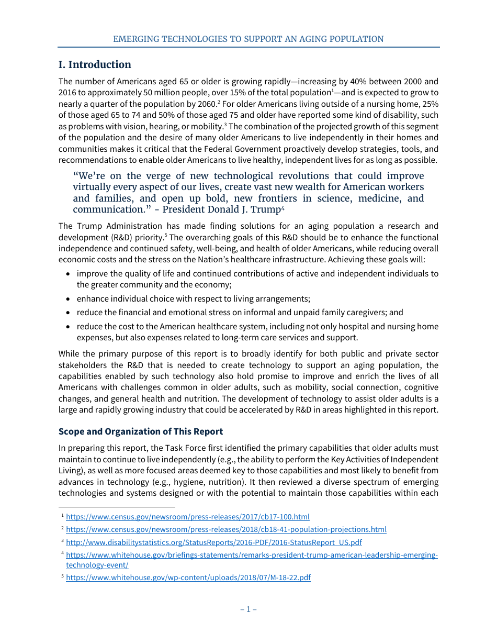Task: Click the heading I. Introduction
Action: pos(95,65)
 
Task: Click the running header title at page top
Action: pos(249,39)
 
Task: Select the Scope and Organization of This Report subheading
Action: pos(141,431)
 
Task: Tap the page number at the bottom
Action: pos(249,609)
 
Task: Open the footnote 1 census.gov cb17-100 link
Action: pos(187,517)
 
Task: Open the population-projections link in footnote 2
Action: pos(226,529)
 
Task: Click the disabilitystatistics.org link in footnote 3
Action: pos(213,542)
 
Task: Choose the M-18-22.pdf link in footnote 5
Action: pos(188,578)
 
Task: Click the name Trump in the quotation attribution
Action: pos(265,209)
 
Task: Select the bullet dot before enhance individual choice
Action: pos(69,299)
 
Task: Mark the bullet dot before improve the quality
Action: pos(69,274)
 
